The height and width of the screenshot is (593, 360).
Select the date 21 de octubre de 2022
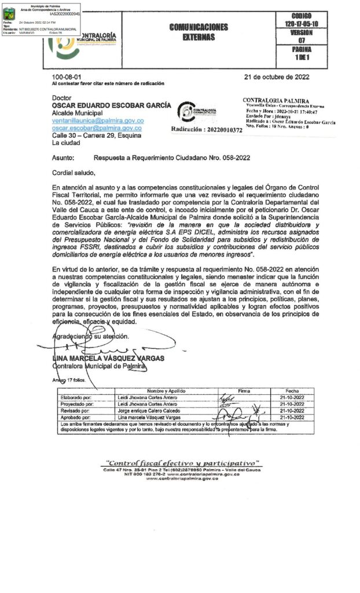click(x=277, y=77)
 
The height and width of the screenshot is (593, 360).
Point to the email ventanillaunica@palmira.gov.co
click(x=97, y=120)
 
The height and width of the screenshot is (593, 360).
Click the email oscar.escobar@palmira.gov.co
click(x=97, y=128)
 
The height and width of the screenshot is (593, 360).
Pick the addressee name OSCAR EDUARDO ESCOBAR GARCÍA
click(x=112, y=105)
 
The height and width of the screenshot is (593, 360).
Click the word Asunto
click(x=63, y=157)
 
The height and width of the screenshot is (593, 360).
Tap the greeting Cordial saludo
click(x=72, y=172)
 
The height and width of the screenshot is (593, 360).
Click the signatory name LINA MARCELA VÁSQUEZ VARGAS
click(x=109, y=358)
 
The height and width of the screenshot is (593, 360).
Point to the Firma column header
click(x=244, y=391)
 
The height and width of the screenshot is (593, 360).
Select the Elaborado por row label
click(x=76, y=398)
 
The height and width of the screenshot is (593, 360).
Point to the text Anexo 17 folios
click(x=68, y=380)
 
